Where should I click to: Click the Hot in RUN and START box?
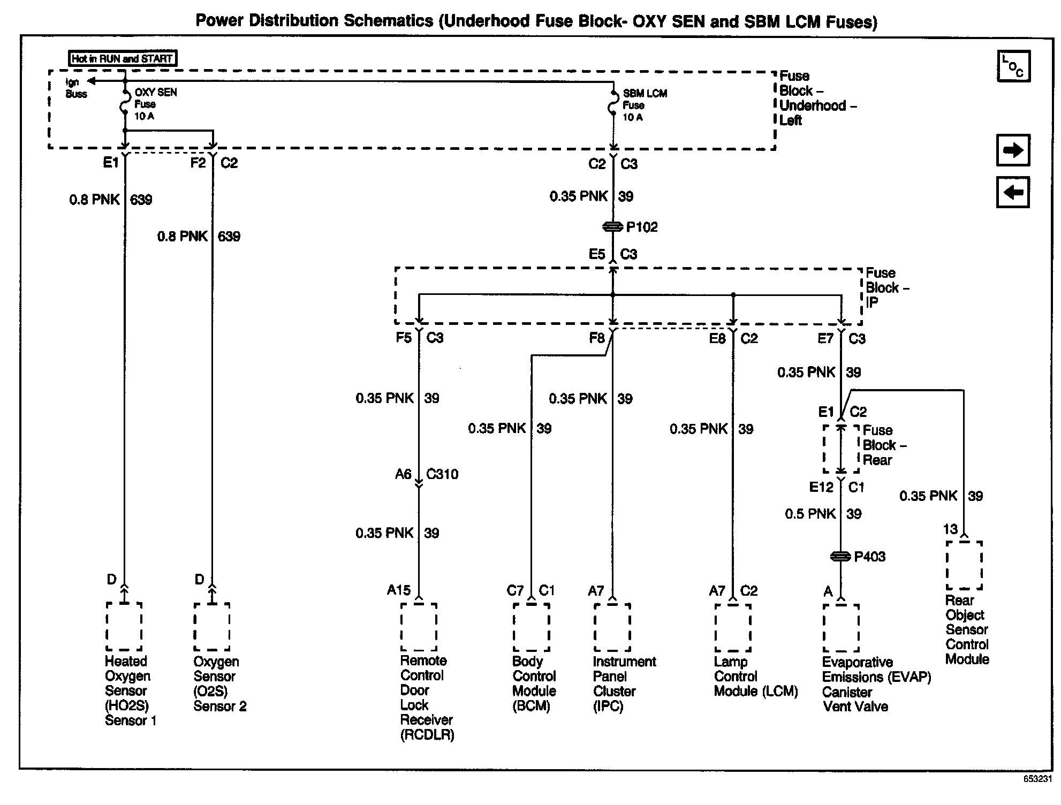tap(123, 58)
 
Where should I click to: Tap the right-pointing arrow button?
tap(1013, 150)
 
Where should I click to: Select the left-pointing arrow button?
tap(1013, 192)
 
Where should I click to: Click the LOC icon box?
tap(1013, 66)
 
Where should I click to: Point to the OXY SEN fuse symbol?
tap(124, 103)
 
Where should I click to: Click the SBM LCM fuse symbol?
tap(613, 105)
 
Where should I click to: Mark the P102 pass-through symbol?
tap(613, 227)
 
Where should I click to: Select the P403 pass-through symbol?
tap(840, 557)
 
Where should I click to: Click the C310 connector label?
tap(442, 474)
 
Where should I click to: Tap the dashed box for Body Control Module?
tap(531, 627)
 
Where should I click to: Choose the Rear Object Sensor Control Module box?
tap(964, 565)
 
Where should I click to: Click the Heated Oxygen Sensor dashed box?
tap(124, 626)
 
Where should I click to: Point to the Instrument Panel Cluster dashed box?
tap(612, 627)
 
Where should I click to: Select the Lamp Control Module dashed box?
tap(733, 627)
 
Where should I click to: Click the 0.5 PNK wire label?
tap(810, 514)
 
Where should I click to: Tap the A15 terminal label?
tap(399, 590)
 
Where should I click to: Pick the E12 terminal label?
tap(821, 487)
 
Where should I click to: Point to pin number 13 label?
tap(950, 529)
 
